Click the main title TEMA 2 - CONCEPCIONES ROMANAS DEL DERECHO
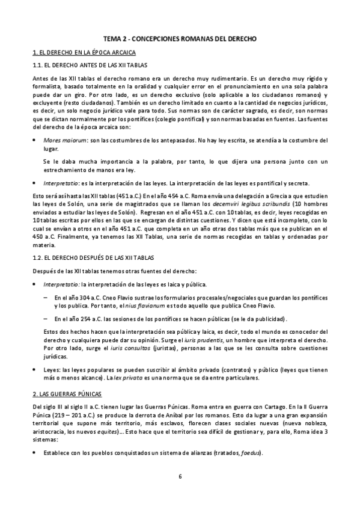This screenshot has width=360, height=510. [180, 38]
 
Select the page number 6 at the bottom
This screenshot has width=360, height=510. [180, 477]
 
